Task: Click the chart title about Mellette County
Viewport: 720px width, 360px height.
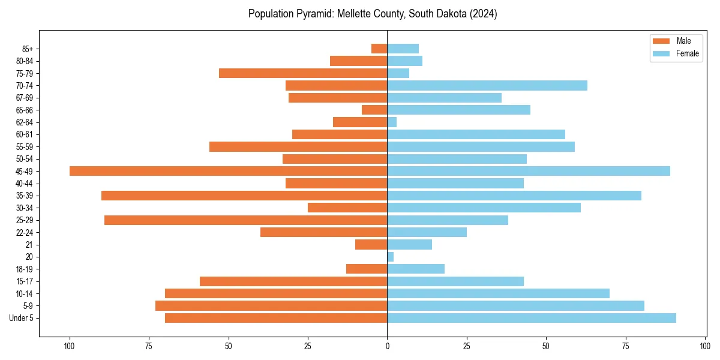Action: pyautogui.click(x=373, y=14)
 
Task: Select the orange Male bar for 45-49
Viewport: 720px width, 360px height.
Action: pyautogui.click(x=228, y=171)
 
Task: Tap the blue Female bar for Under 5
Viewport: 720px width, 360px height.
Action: pyautogui.click(x=531, y=318)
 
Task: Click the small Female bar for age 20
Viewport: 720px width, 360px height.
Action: pyautogui.click(x=391, y=257)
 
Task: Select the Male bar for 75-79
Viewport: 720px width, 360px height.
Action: pyautogui.click(x=303, y=73)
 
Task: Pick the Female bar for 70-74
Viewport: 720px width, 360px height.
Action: pyautogui.click(x=487, y=85)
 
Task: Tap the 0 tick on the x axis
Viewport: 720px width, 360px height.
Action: pyautogui.click(x=387, y=346)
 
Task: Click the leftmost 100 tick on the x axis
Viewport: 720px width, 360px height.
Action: pyautogui.click(x=70, y=346)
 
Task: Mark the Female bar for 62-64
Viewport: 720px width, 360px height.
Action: pyautogui.click(x=392, y=122)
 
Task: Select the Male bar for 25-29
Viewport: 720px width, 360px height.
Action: pyautogui.click(x=245, y=220)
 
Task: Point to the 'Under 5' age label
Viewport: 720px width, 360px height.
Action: pyautogui.click(x=21, y=318)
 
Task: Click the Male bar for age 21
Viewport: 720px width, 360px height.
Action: pyautogui.click(x=371, y=245)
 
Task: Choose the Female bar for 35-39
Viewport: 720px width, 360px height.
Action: pyautogui.click(x=514, y=196)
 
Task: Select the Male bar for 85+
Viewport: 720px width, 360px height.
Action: pyautogui.click(x=379, y=49)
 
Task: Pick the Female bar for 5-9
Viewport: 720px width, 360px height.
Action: pyautogui.click(x=515, y=306)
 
